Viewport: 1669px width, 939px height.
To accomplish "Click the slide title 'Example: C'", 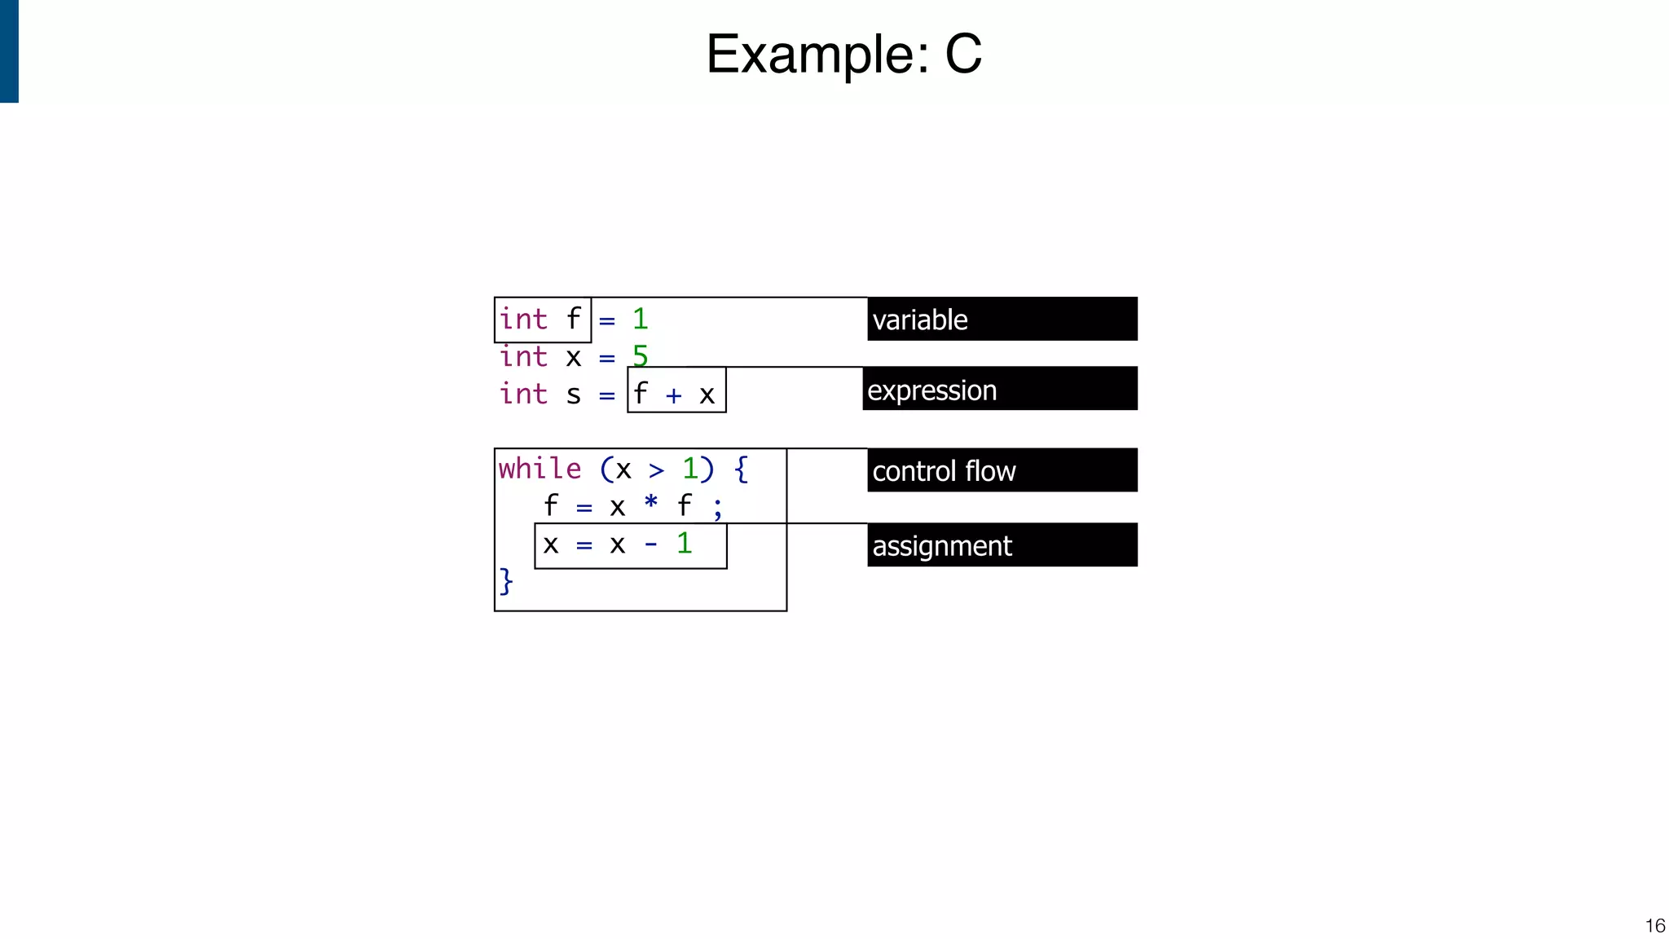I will (843, 54).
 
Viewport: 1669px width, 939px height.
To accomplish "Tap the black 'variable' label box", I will (1002, 319).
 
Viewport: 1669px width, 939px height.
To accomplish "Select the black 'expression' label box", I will (999, 389).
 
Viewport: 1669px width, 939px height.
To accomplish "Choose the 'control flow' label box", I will (1002, 470).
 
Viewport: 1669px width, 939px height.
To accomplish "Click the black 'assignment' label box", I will (1002, 545).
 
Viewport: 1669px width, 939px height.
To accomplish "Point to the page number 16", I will (1654, 925).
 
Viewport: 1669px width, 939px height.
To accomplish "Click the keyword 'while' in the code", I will (539, 469).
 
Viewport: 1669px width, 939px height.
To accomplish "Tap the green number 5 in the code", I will (641, 356).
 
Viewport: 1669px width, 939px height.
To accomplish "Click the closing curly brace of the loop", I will (506, 581).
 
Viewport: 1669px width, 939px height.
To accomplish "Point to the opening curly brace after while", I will (741, 469).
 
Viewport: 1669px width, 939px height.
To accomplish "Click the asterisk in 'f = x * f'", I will (651, 502).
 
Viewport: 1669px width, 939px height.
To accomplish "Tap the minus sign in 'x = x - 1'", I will (651, 544).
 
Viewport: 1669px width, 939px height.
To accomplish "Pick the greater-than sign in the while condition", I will (657, 470).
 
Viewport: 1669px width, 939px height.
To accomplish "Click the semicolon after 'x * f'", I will (717, 509).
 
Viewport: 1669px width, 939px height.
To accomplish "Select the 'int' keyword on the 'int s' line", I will (523, 394).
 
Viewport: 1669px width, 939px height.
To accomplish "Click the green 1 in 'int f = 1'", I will (641, 319).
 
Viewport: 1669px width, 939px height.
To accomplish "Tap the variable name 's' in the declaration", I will (574, 395).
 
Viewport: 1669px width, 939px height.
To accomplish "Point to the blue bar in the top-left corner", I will (9, 51).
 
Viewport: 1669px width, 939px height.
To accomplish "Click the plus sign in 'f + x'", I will (673, 396).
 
